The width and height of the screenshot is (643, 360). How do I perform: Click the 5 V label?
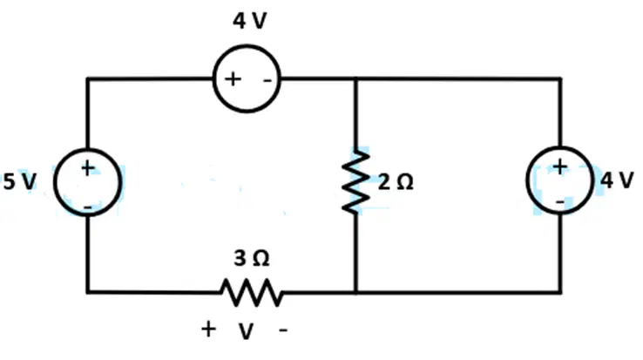pos(20,181)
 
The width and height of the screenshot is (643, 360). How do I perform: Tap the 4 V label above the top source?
pos(250,21)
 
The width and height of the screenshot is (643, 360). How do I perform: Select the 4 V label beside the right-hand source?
pos(617,180)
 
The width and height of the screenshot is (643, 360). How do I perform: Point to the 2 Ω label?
pos(396,182)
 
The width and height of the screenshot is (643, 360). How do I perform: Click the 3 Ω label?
pos(252,258)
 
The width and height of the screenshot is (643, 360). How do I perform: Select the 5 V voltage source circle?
pos(54,182)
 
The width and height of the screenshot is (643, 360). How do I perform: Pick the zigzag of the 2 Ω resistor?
pos(356,181)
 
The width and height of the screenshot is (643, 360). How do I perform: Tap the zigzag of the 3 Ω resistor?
pos(252,293)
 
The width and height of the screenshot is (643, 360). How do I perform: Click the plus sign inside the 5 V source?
pos(87,168)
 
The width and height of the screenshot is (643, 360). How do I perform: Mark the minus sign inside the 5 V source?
pos(88,207)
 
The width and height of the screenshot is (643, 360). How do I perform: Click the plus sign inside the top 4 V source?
pos(233,78)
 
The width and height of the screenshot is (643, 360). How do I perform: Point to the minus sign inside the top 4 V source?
pos(267,80)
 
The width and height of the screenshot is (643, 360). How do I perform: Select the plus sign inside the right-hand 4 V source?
pos(559,166)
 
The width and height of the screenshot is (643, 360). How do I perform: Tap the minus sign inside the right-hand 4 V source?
pos(559,201)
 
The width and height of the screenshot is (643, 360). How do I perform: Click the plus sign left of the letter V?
pos(208,329)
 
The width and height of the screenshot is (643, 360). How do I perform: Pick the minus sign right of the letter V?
pos(283,329)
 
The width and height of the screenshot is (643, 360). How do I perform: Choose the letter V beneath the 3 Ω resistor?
pos(246,331)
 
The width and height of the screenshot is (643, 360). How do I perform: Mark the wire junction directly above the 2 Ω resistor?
pos(356,78)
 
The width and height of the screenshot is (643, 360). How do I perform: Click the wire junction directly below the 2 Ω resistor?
pos(356,292)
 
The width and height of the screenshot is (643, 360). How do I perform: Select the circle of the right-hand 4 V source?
pos(526,180)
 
